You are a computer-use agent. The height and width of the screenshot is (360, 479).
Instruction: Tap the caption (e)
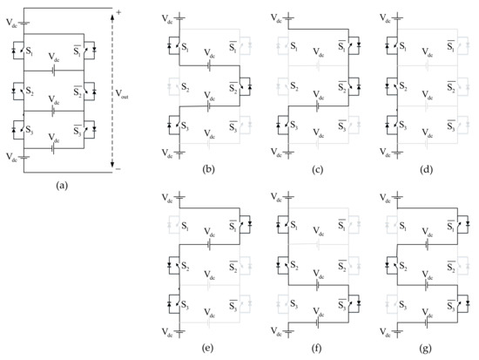pyautogui.click(x=210, y=351)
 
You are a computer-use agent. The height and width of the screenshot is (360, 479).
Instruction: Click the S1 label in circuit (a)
pyautogui.click(x=30, y=50)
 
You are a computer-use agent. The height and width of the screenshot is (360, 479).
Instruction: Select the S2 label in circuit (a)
pyautogui.click(x=30, y=90)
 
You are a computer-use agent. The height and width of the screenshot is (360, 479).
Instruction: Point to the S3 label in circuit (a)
pyautogui.click(x=30, y=130)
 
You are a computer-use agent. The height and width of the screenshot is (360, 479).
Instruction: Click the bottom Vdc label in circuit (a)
pyautogui.click(x=10, y=158)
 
